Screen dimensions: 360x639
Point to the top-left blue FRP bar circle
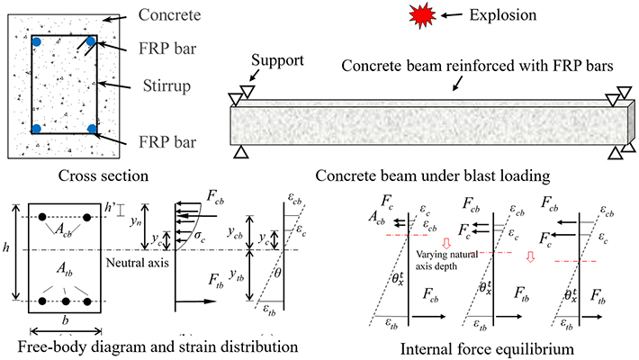coord(37,42)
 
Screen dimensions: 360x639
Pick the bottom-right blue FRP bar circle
coord(91,129)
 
